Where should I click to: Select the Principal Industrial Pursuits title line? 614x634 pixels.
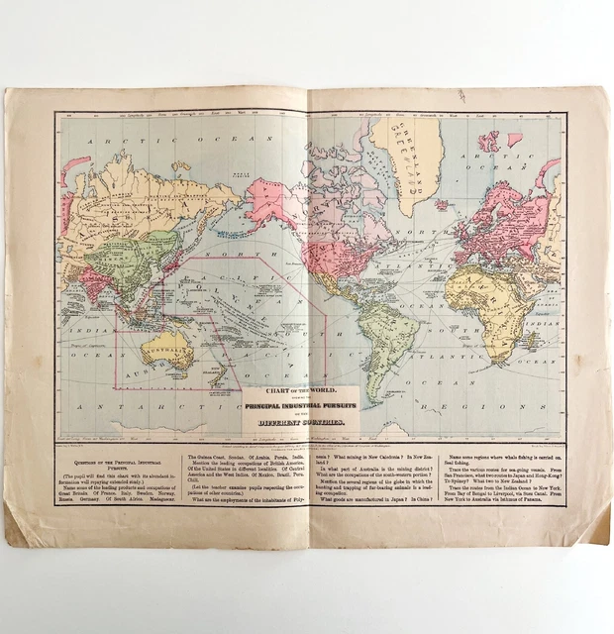297,406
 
